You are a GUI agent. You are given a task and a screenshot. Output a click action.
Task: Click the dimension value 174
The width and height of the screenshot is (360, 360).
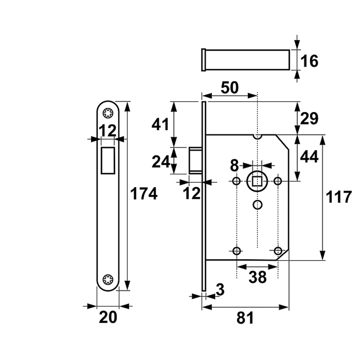(144, 194)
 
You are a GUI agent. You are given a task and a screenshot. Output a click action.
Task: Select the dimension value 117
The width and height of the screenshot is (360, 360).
(338, 197)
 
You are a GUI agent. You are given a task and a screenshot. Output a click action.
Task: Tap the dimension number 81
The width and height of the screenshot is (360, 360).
(245, 318)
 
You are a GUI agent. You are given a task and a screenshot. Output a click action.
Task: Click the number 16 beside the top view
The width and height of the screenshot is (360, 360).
(310, 61)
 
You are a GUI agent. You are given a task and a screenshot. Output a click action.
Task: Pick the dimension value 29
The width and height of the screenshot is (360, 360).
(309, 118)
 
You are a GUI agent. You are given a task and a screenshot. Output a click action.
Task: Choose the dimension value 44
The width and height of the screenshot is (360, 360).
(309, 157)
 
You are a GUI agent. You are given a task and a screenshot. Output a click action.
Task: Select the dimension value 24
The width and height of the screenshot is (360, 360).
(161, 161)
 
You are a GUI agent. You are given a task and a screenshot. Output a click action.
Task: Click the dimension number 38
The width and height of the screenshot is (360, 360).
(257, 277)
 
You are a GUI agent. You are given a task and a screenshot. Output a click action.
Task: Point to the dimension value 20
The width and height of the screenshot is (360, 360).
(108, 317)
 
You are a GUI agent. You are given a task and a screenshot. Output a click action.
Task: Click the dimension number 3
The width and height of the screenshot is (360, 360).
(220, 290)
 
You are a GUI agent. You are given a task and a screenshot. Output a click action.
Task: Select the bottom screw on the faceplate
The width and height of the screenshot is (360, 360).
(108, 279)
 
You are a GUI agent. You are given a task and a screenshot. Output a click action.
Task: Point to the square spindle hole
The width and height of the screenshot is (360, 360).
(257, 181)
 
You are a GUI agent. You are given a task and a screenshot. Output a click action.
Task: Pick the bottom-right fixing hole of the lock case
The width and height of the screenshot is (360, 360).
(278, 250)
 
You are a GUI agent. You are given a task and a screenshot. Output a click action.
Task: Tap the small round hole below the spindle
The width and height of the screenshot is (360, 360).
(257, 205)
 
